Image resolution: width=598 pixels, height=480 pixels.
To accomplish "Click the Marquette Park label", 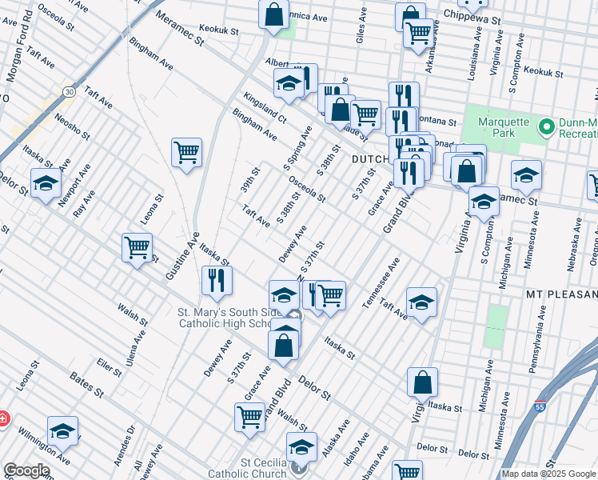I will pyautogui.click(x=504, y=127).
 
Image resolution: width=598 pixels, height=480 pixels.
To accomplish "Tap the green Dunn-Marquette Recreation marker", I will pyautogui.click(x=547, y=127).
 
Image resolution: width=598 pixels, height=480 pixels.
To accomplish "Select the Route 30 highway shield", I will pyautogui.click(x=70, y=92).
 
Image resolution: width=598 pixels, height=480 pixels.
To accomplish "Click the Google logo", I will pyautogui.click(x=26, y=470).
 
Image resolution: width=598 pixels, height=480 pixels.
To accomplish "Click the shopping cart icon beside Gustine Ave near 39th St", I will pyautogui.click(x=186, y=151).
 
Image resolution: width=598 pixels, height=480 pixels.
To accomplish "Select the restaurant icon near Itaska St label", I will pyautogui.click(x=216, y=279).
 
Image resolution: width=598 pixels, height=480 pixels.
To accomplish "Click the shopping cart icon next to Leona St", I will pyautogui.click(x=138, y=247).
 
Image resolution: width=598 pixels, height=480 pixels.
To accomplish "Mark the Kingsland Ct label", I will pyautogui.click(x=265, y=107).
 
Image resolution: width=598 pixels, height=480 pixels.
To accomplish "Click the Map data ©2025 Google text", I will pyautogui.click(x=548, y=474).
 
